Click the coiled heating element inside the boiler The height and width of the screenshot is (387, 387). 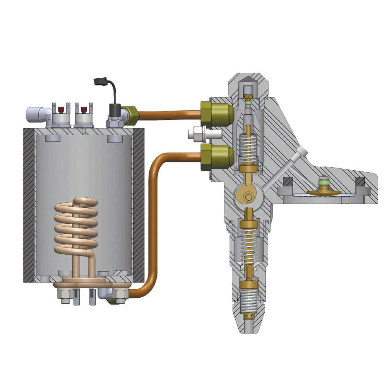coord(75,228)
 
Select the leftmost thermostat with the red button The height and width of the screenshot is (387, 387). coord(61,115)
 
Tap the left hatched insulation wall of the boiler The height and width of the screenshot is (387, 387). coord(29,205)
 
